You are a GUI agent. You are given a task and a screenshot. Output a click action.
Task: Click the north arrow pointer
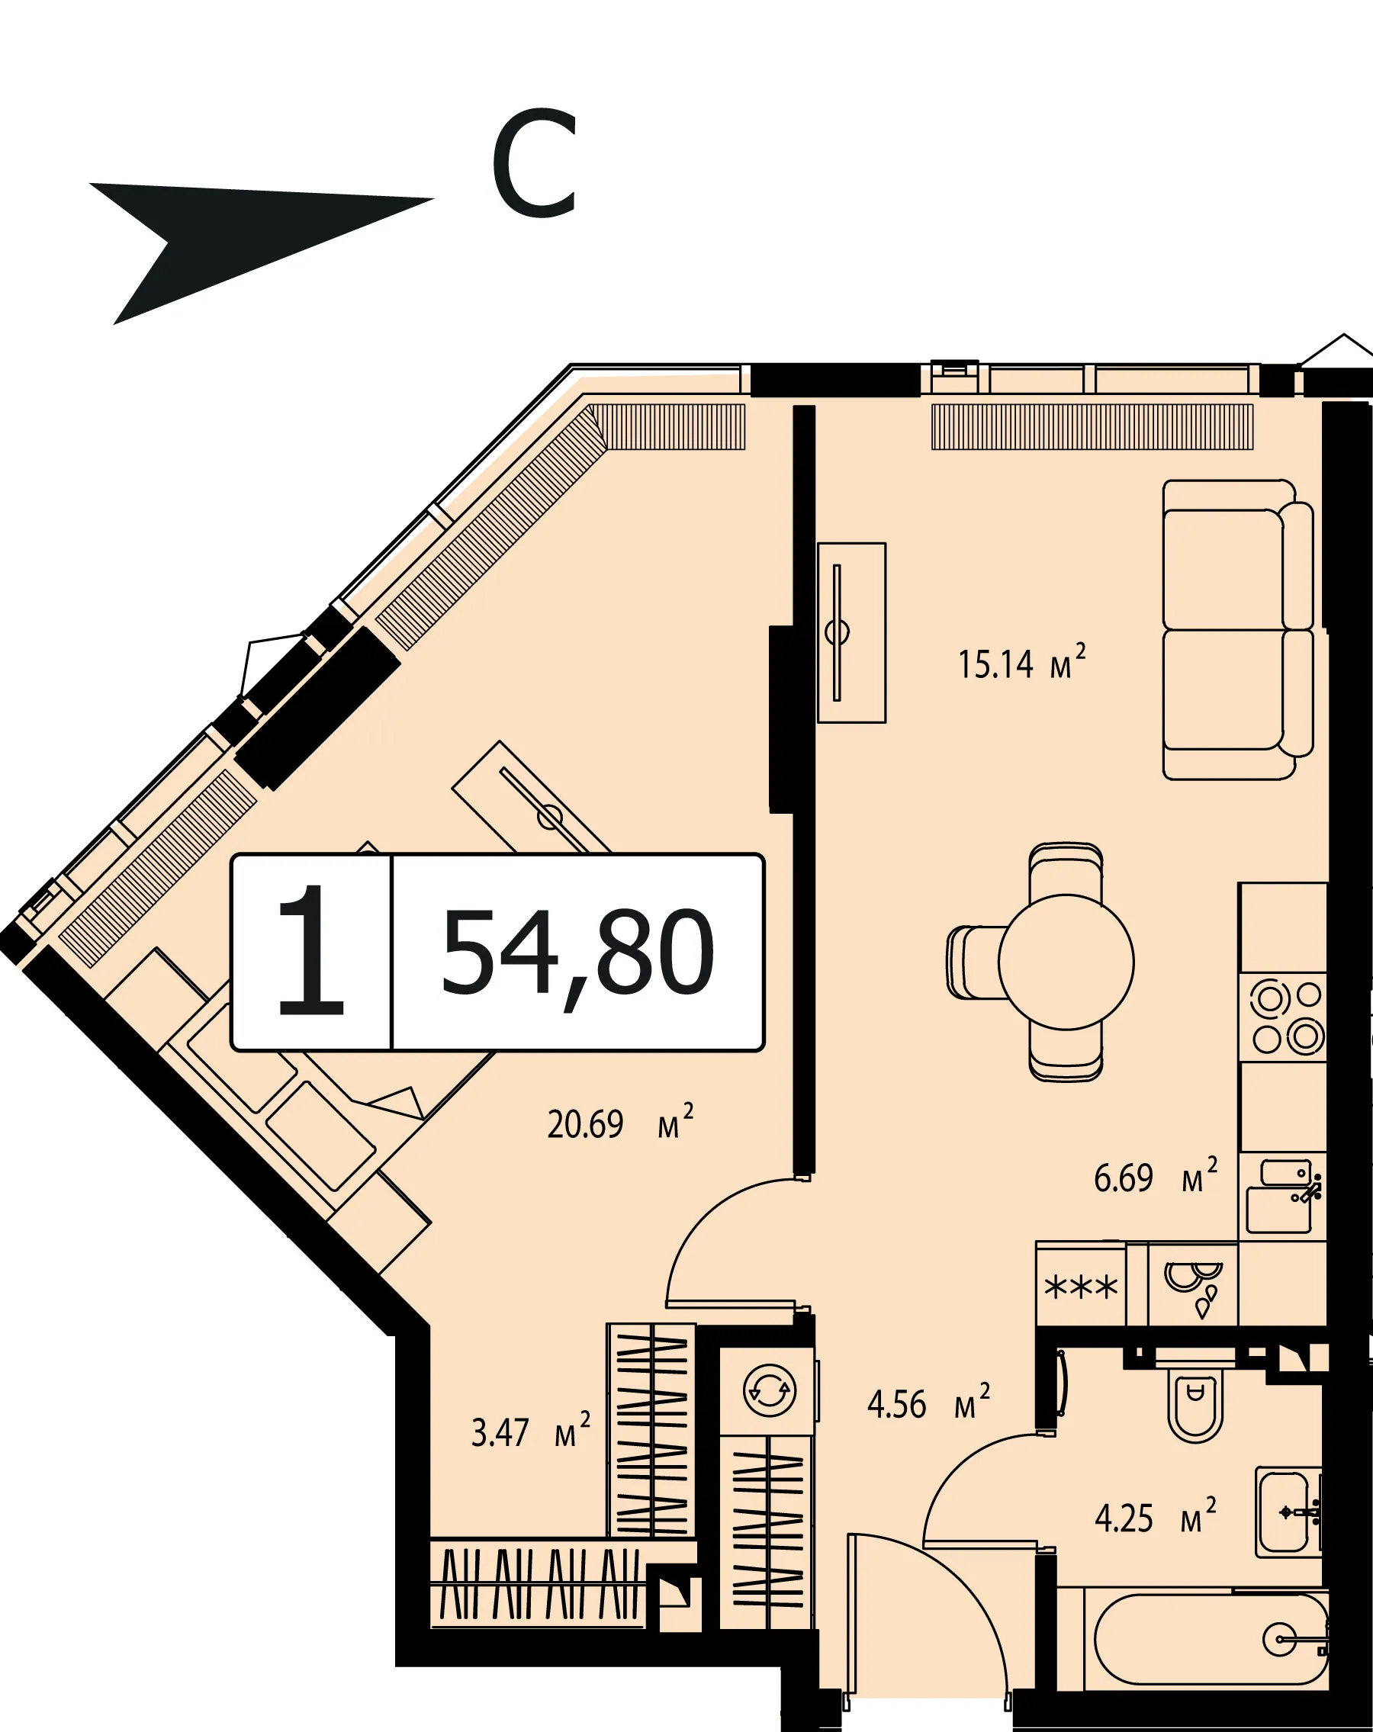[241, 241]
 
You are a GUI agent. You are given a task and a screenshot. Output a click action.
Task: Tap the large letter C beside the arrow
[535, 163]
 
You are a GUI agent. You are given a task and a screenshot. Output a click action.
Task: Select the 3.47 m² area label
[531, 1432]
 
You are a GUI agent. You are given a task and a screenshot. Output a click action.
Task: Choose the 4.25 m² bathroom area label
[1156, 1517]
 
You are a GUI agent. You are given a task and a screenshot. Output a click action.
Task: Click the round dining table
[1066, 962]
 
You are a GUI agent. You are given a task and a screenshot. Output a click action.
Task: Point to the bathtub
[1211, 1640]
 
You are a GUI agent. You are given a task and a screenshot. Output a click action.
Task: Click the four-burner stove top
[1283, 1017]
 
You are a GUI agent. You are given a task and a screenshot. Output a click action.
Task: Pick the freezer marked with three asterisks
[1081, 1288]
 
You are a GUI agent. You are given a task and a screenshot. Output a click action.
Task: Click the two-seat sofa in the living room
[1238, 630]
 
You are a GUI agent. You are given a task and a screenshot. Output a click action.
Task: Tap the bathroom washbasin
[1288, 1512]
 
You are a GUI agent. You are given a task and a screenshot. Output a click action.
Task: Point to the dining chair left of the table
[975, 962]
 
